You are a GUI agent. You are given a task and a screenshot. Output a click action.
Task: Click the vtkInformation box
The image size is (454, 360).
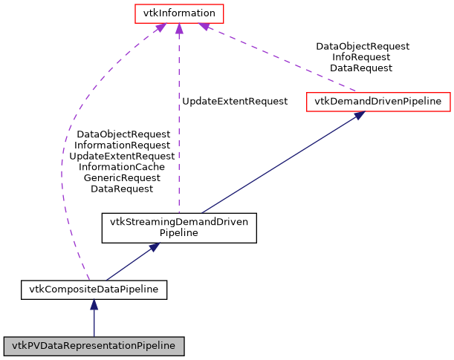(x=178, y=13)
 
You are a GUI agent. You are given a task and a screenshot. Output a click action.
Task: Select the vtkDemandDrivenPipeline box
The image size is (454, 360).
(x=378, y=101)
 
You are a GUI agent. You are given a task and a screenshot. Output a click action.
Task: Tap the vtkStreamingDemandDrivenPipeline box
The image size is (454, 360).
(x=179, y=227)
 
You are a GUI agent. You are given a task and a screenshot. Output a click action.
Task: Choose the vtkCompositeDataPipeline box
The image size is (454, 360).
(x=94, y=289)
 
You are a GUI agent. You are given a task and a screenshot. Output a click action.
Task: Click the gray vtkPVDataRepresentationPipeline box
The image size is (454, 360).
(x=94, y=346)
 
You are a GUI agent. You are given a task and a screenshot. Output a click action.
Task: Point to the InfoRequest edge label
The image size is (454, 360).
(x=362, y=56)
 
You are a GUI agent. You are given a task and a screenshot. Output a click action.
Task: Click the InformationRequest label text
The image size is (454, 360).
(x=122, y=145)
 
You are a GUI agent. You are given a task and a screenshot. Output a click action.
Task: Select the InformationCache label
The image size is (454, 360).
(x=122, y=167)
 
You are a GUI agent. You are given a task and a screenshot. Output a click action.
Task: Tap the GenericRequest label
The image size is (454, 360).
(x=122, y=178)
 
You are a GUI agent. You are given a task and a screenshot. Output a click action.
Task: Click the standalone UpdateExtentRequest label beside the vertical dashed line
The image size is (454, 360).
(x=234, y=101)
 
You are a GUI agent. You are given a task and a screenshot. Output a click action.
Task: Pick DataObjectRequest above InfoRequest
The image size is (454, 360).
(x=362, y=46)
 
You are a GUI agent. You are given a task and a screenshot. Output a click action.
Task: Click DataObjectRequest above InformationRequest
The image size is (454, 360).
(x=122, y=134)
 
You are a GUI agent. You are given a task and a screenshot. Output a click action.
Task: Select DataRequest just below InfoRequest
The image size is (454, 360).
(x=362, y=68)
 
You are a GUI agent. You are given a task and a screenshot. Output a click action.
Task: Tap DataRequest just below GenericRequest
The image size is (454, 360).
(x=122, y=189)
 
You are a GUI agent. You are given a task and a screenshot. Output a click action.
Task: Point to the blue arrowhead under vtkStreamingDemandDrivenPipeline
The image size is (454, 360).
(x=152, y=247)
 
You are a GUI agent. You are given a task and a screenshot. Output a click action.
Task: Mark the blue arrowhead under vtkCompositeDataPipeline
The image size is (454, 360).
(x=94, y=304)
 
